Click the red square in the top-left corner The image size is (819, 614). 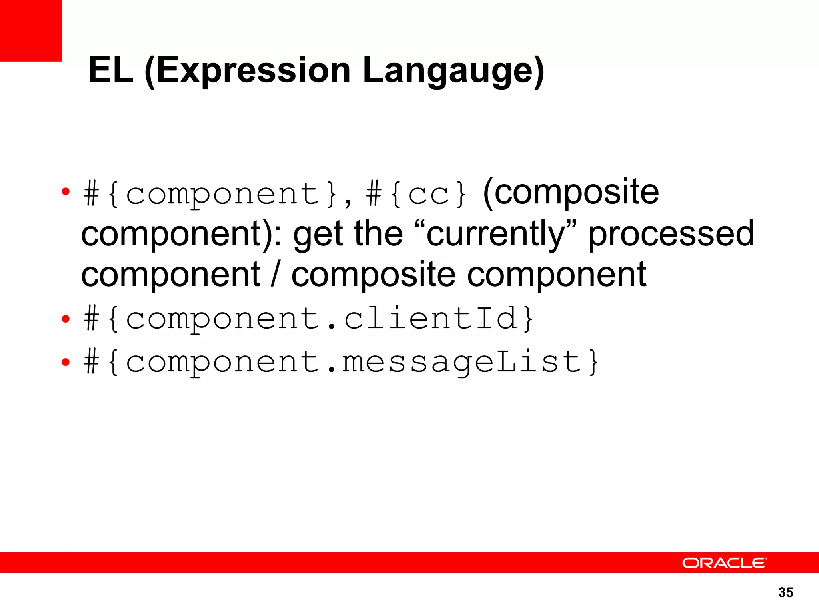31,30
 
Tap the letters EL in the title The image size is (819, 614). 111,71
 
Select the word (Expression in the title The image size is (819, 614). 247,71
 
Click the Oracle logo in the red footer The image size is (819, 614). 724,563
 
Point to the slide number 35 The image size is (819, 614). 786,592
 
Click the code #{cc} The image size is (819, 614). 416,195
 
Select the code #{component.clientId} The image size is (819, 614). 308,319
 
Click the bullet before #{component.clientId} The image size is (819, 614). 66,319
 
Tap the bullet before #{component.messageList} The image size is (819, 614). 66,362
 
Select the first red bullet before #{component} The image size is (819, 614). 66,192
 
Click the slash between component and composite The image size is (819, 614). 275,275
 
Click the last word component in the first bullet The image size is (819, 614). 557,275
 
